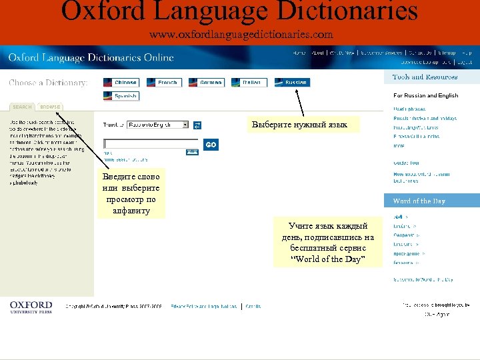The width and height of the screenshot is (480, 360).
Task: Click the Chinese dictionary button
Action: [120, 83]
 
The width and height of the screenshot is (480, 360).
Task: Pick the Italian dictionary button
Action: [249, 83]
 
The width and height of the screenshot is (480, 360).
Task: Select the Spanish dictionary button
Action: [121, 96]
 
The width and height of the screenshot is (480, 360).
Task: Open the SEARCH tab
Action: [22, 107]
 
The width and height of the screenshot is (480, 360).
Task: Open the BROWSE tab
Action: [49, 107]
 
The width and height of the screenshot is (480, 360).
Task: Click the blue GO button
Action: [211, 145]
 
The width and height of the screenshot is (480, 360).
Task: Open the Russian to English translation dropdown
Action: [159, 125]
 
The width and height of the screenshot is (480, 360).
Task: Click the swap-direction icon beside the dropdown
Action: [197, 125]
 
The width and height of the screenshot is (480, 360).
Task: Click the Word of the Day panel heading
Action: [419, 201]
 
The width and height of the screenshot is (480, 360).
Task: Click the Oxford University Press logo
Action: [31, 307]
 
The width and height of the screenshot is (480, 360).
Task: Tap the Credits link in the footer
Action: [253, 307]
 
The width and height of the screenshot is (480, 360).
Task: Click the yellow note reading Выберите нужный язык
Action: [299, 125]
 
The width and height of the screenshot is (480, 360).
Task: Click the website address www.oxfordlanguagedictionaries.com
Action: [241, 35]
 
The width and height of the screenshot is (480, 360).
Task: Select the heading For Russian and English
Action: [425, 95]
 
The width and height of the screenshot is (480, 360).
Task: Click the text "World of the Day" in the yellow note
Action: [327, 259]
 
